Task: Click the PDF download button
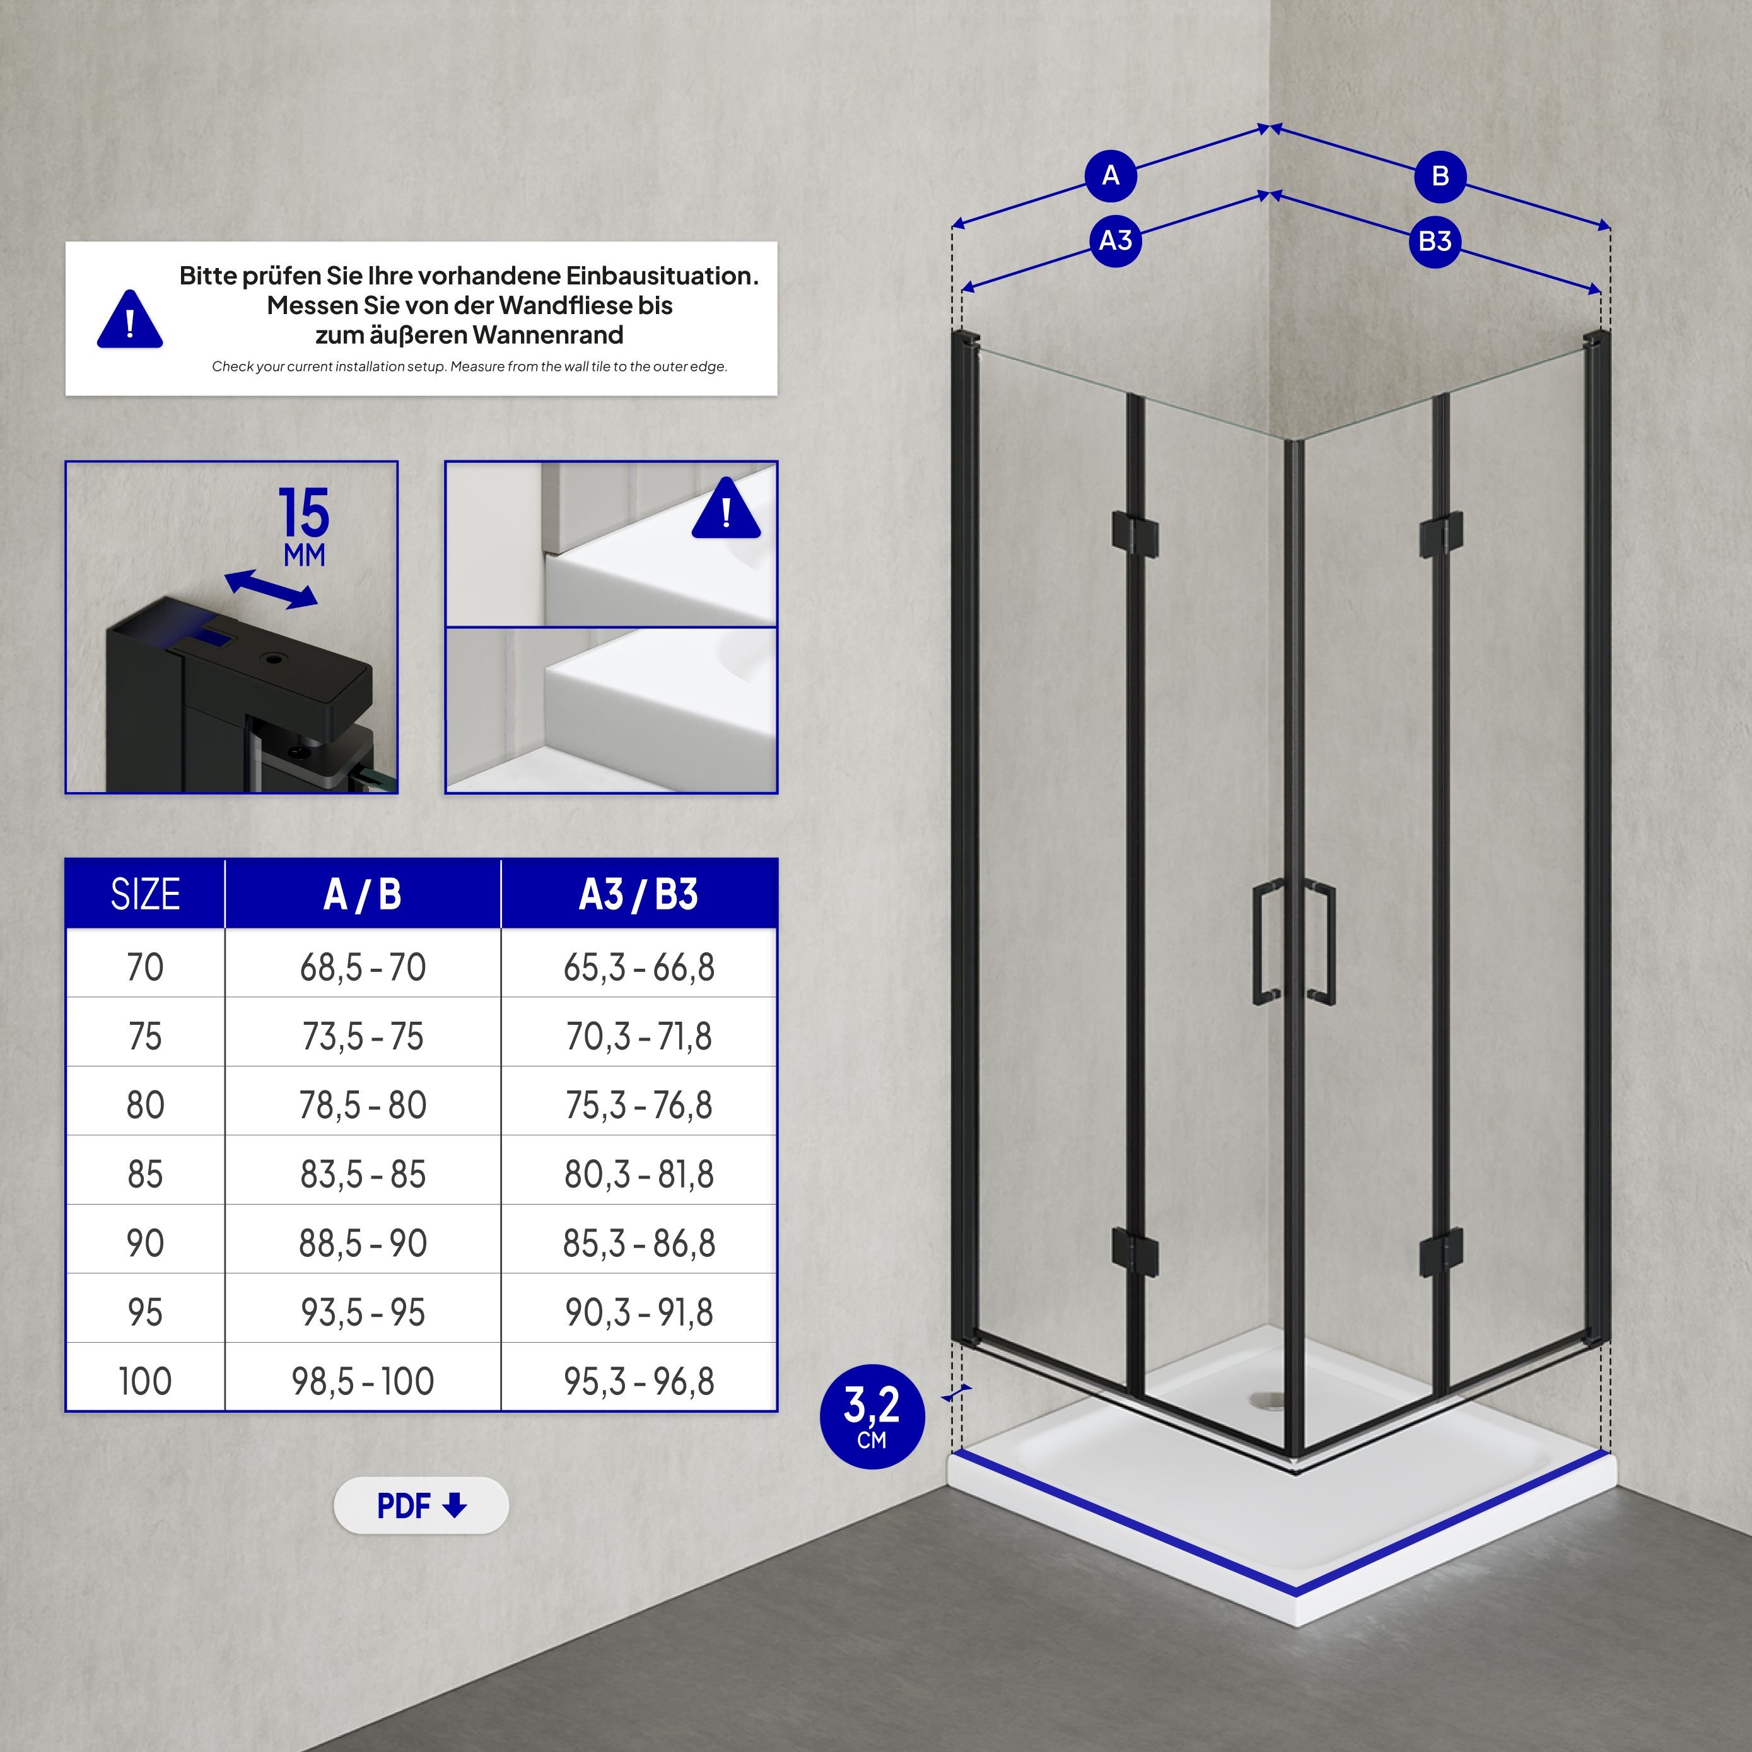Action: pyautogui.click(x=421, y=1505)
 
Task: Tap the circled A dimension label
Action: pyautogui.click(x=1110, y=175)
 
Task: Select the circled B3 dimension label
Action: pyautogui.click(x=1435, y=241)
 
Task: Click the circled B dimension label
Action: pyautogui.click(x=1440, y=175)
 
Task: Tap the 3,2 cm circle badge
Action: pyautogui.click(x=872, y=1416)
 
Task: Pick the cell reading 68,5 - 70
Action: pyautogui.click(x=363, y=967)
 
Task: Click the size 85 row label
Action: pyautogui.click(x=145, y=1174)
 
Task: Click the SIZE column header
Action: pyautogui.click(x=145, y=894)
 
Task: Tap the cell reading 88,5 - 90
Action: pyautogui.click(x=363, y=1243)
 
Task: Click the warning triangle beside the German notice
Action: pyautogui.click(x=130, y=320)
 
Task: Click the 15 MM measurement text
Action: pyautogui.click(x=304, y=526)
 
